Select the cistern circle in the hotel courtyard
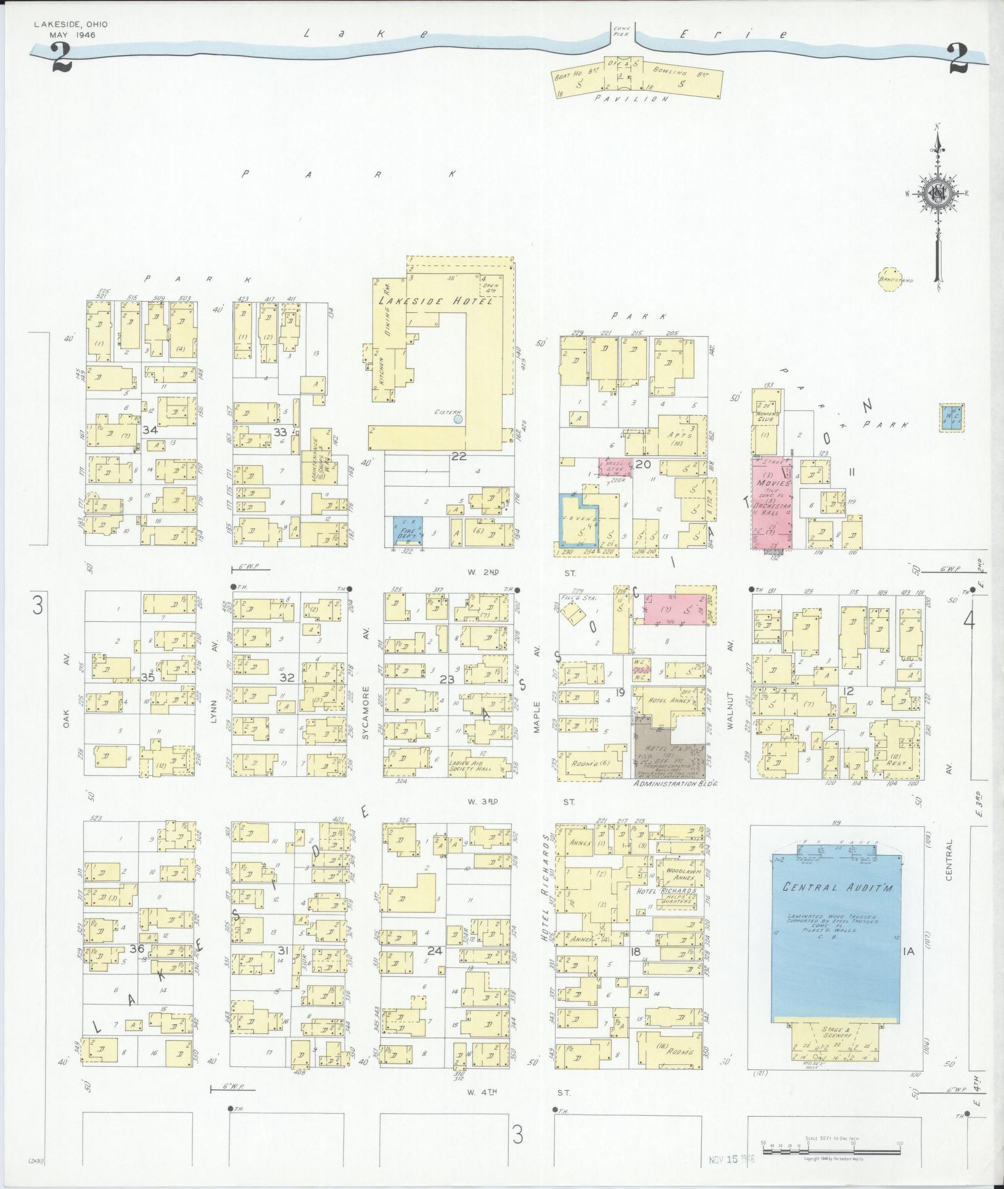tap(458, 419)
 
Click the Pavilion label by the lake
tap(632, 98)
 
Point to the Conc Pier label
tap(620, 31)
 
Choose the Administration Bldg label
tap(677, 782)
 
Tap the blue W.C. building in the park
tap(951, 418)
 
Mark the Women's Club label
tap(768, 416)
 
